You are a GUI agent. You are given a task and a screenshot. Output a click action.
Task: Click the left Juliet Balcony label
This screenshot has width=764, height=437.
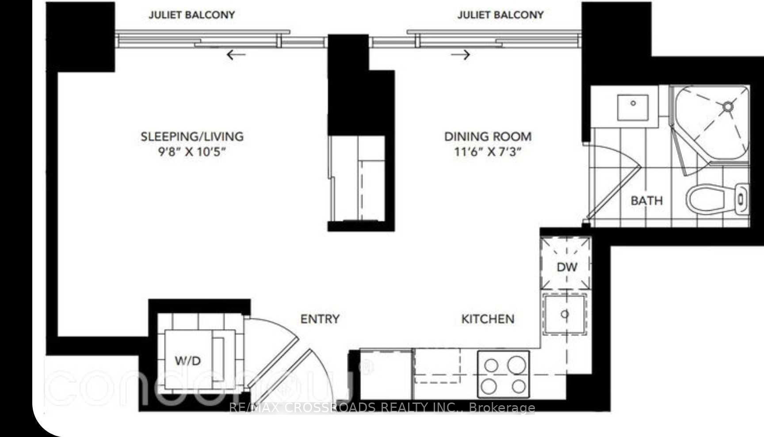pos(191,15)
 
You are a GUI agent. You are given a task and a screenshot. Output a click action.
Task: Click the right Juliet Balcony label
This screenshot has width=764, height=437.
pos(500,15)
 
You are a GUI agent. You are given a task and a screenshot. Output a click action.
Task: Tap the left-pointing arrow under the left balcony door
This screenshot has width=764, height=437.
pos(236,55)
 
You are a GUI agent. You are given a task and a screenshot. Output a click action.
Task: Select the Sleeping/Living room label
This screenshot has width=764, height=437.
pos(192,136)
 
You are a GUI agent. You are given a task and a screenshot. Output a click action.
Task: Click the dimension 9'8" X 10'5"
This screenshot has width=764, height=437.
pos(192,152)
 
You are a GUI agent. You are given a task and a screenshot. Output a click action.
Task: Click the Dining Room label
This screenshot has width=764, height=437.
pos(488,136)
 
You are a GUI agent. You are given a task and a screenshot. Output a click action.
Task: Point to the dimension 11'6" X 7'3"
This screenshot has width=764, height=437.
pos(488,152)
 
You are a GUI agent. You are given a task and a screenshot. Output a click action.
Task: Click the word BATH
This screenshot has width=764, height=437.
pos(646,201)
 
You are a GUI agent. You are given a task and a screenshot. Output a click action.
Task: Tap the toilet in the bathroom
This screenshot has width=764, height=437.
pos(716,199)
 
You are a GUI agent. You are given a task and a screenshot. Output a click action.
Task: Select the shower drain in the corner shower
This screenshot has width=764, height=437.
pos(728,106)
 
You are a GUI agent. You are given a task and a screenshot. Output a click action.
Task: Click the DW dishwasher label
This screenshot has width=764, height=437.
pos(567,267)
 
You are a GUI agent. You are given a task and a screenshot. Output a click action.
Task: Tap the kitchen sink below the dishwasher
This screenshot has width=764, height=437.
pos(565,314)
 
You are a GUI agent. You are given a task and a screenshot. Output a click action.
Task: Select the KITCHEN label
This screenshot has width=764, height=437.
pos(488,319)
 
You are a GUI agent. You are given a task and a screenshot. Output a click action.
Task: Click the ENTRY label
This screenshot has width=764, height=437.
pos(320,319)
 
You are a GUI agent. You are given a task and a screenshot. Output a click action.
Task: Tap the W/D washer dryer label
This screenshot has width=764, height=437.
pos(188,361)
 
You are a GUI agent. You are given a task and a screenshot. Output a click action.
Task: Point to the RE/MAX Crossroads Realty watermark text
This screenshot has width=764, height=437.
pos(382,407)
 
